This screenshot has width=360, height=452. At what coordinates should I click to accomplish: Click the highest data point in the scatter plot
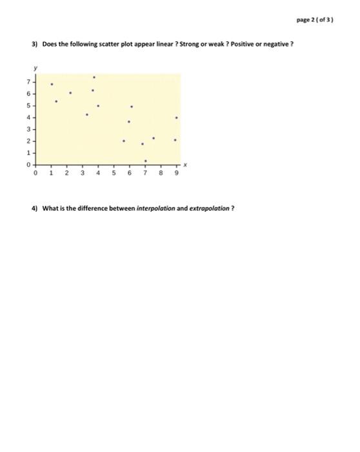(x=94, y=77)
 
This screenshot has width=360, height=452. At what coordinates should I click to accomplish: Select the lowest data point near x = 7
(x=145, y=161)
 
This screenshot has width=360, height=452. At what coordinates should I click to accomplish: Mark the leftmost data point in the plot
(x=52, y=85)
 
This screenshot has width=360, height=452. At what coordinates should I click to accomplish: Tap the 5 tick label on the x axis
(x=114, y=173)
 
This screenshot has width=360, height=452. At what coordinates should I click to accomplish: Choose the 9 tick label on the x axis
(x=176, y=173)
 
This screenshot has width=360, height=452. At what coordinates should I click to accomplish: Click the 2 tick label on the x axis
(x=66, y=173)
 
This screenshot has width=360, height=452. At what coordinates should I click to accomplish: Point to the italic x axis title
(x=186, y=165)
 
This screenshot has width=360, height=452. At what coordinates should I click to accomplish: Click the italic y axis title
(x=36, y=67)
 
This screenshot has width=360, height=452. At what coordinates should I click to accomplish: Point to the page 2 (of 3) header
(x=315, y=20)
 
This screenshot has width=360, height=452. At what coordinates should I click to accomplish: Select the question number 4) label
(x=35, y=209)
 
